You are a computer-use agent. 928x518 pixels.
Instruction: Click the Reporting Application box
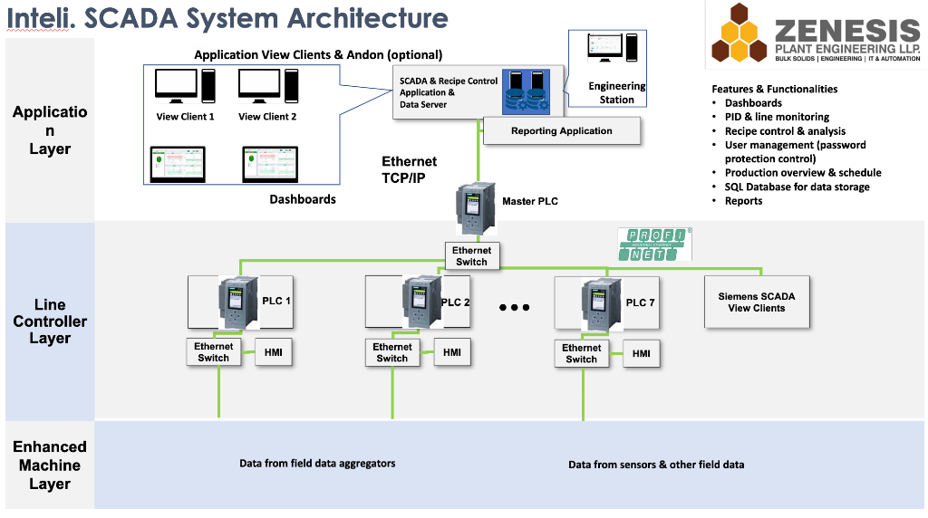(561, 131)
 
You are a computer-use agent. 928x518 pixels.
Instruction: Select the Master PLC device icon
(473, 209)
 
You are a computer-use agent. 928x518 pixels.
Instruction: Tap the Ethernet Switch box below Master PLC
(471, 256)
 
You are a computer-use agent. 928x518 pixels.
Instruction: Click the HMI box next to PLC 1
(273, 352)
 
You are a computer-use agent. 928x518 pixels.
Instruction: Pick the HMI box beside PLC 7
(641, 354)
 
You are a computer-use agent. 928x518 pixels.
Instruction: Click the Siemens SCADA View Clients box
(756, 302)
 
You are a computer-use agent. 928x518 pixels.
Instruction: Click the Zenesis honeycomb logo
(738, 35)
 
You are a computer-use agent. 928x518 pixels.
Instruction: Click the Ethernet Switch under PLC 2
(392, 352)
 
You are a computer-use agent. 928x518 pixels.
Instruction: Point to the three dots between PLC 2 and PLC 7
(514, 308)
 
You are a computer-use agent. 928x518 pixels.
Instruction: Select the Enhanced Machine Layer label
(50, 465)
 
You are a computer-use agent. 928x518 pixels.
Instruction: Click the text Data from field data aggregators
(317, 464)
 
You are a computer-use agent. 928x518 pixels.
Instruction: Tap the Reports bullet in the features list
(743, 201)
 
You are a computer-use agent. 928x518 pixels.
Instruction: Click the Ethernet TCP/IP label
(409, 169)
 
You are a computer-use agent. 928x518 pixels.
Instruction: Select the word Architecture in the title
(368, 18)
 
